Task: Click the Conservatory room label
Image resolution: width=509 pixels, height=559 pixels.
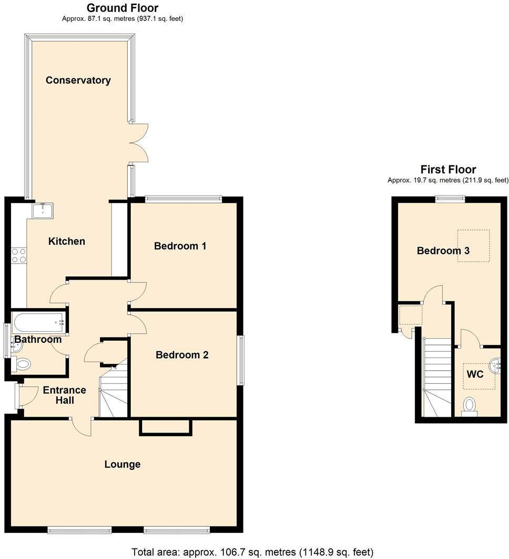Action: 78,80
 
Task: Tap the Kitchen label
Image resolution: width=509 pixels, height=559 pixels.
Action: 67,241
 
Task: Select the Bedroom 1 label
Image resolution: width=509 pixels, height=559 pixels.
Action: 180,246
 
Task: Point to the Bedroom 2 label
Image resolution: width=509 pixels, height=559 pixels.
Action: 182,355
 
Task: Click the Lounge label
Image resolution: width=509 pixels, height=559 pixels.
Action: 123,464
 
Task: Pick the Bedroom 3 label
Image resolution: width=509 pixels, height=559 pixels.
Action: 443,251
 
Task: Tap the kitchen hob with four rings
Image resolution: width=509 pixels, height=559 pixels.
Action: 19,255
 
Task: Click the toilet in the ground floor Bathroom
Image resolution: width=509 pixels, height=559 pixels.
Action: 23,364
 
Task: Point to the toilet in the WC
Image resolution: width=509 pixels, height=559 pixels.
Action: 470,406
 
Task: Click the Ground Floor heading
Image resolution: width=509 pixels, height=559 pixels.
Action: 122,8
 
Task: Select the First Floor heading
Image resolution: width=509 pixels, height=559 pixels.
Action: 448,170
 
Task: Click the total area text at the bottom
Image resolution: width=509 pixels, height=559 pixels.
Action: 252,552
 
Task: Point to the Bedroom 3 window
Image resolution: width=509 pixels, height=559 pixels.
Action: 450,198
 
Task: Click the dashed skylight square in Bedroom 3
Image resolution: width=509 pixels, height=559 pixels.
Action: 473,246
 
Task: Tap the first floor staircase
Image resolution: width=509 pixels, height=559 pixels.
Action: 437,378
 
